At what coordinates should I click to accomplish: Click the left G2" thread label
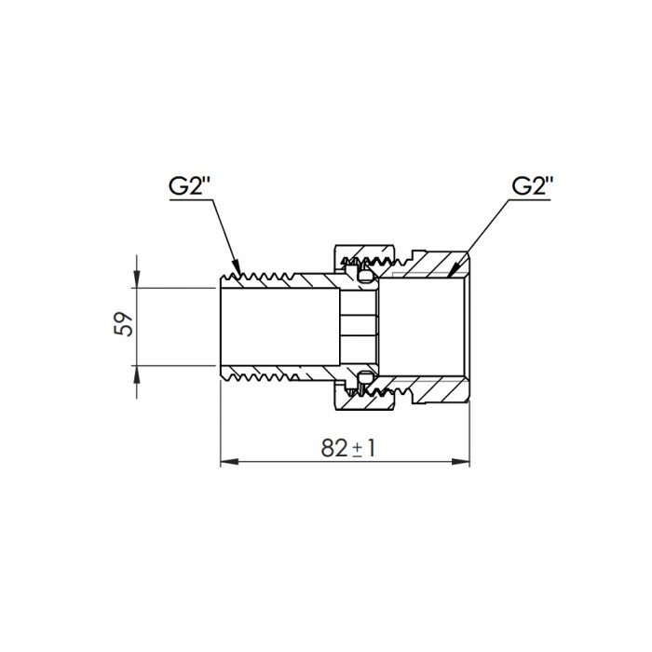tap(191, 186)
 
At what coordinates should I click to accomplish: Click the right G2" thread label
tap(533, 186)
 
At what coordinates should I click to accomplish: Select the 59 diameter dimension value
tap(124, 324)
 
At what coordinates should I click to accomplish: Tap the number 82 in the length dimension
tap(333, 448)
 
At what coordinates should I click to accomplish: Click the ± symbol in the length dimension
tap(357, 450)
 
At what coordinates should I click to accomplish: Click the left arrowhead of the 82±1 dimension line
tap(229, 462)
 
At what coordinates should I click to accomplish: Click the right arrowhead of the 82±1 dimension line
tap(460, 462)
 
